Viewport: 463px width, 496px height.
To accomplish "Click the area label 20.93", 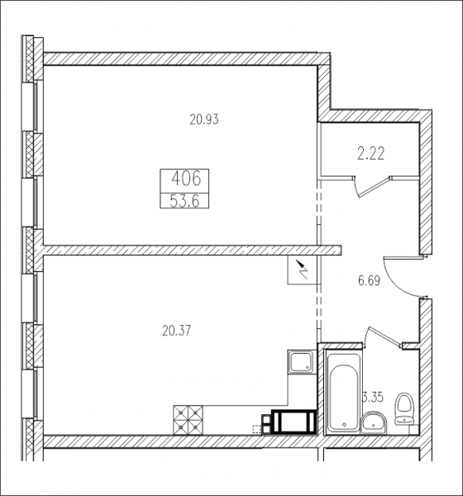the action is coord(204,120).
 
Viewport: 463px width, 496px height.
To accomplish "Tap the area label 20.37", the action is coord(177,331).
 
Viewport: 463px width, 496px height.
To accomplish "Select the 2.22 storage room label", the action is coord(371,154).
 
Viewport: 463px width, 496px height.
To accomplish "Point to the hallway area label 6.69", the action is coord(369,280).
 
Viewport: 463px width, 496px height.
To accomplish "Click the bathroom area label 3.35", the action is coord(373,398).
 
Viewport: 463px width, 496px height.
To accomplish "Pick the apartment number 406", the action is coord(186,179).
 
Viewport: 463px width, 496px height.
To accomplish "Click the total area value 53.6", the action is coord(184,201).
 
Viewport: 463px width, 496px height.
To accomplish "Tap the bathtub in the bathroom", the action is coord(343,391).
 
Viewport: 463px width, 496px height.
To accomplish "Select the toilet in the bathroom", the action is coord(405,408).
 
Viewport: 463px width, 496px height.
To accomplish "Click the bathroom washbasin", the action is coord(374,422).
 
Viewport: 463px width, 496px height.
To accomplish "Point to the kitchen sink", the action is coord(302,361).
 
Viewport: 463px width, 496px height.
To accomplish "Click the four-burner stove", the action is coord(188,420).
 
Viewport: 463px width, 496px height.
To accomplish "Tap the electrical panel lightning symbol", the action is coord(302,269).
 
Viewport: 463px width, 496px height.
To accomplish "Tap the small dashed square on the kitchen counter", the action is coord(256,429).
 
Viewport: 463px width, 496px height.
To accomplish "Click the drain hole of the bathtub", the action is coord(344,424).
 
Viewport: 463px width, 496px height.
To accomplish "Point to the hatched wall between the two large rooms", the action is coord(192,250).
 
